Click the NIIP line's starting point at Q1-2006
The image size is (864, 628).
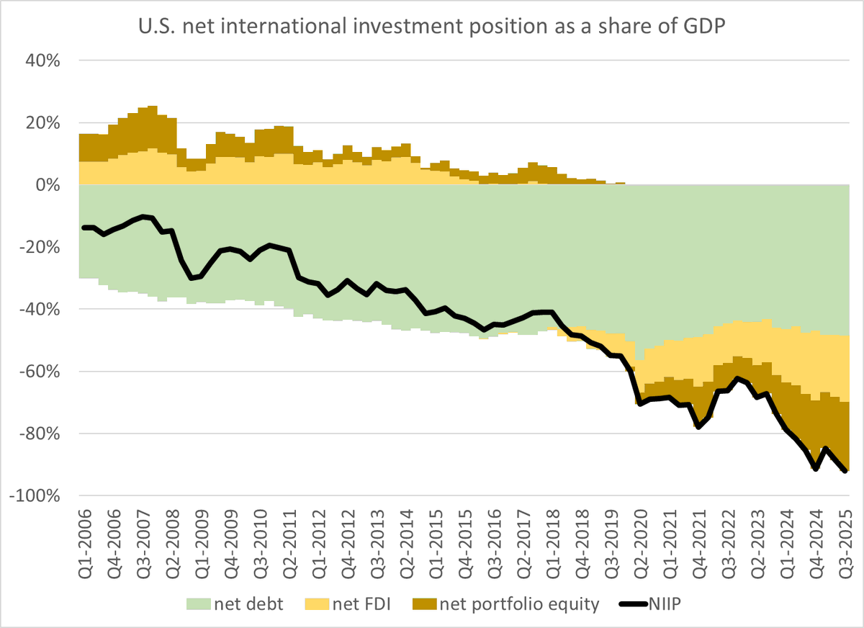84,228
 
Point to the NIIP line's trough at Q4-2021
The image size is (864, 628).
698,427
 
